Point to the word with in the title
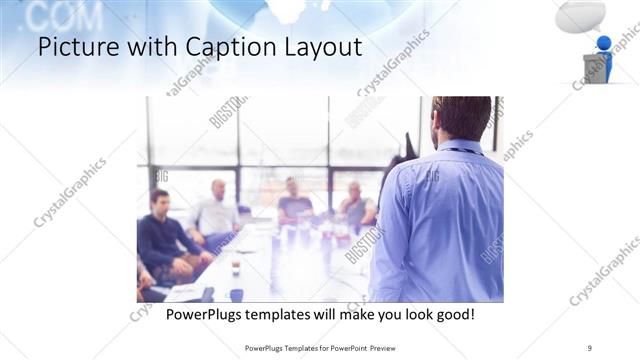coord(147,47)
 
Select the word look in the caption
coord(410,314)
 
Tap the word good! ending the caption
coord(454,314)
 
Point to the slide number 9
coord(590,347)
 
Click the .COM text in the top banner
coord(55,15)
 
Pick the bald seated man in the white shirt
coord(217,210)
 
